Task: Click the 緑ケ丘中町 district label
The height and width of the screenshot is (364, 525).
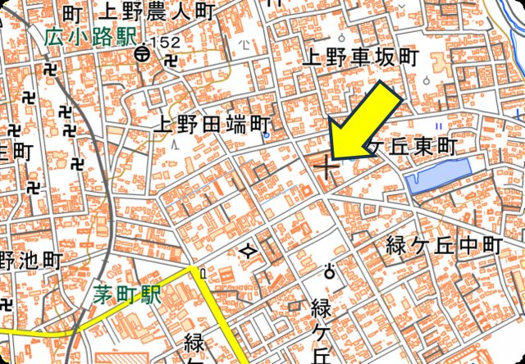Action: [x=444, y=244]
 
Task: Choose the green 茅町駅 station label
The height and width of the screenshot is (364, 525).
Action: [x=126, y=292]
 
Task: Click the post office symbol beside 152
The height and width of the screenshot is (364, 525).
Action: [x=143, y=55]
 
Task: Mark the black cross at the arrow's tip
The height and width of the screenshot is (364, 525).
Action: [x=326, y=166]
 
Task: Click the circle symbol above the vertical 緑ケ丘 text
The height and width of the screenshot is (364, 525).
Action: [x=331, y=271]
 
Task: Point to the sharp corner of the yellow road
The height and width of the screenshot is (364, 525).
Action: [x=197, y=269]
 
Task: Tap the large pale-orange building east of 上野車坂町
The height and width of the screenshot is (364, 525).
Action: [x=444, y=65]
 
